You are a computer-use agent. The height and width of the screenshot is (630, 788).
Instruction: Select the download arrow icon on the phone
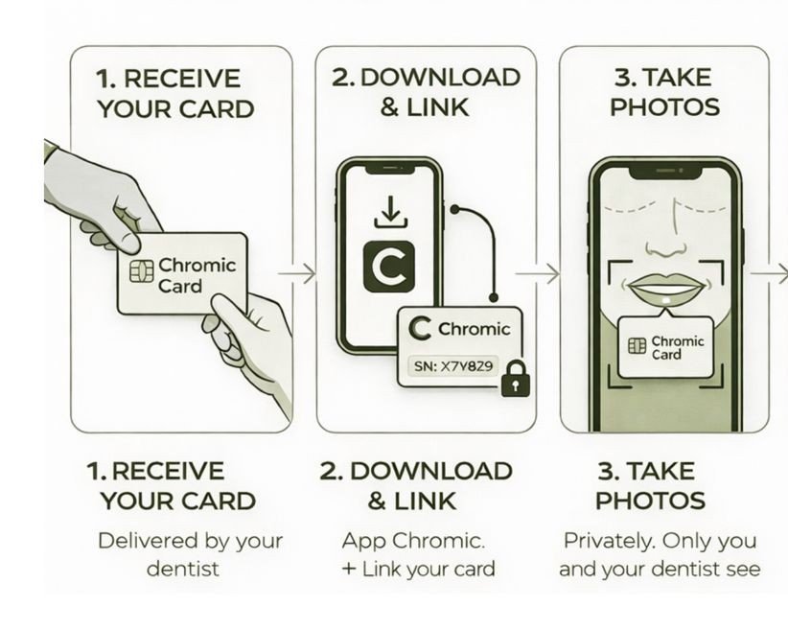[x=390, y=213]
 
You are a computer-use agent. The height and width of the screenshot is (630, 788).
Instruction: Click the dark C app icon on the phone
[x=389, y=267]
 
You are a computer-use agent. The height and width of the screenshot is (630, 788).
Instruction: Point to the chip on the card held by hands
[x=142, y=271]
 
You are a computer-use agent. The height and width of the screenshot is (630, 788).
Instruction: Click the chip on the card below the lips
[x=637, y=346]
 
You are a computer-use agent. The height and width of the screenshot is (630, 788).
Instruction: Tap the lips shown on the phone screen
[x=665, y=289]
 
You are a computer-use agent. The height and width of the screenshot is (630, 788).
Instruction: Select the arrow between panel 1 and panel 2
[x=297, y=274]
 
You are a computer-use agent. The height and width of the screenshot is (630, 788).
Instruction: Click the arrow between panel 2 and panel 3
[x=537, y=274]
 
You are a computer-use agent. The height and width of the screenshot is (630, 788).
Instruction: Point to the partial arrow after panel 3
[x=770, y=274]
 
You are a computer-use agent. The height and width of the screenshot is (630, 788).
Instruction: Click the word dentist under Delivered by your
[x=183, y=570]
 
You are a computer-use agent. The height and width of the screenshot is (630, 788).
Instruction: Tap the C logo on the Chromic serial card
[x=420, y=328]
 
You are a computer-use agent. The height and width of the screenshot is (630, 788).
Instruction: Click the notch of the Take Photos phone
[x=665, y=172]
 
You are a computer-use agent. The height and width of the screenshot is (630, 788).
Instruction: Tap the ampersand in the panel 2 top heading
[x=390, y=107]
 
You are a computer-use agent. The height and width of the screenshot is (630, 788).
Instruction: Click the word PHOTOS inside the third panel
[x=665, y=107]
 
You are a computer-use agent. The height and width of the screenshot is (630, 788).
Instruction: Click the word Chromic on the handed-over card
[x=197, y=265]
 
